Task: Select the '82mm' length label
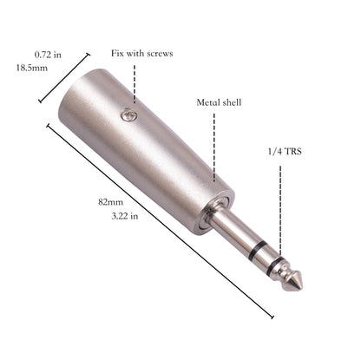[x=109, y=201]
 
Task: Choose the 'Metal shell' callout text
[x=217, y=101]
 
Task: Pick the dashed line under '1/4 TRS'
[x=281, y=208]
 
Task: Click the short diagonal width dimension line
[x=63, y=76]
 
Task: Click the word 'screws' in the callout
[x=160, y=53]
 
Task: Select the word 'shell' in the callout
[x=231, y=101]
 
